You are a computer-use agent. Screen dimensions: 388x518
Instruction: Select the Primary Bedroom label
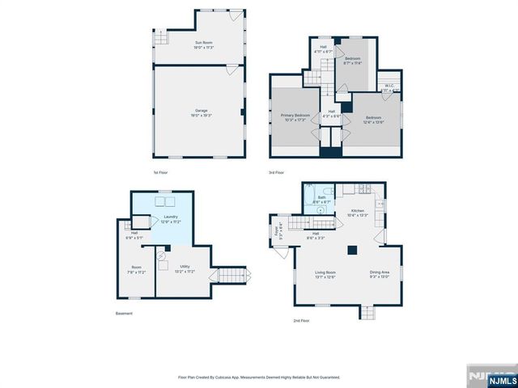pos(295,117)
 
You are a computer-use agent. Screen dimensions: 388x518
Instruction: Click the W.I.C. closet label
pos(389,87)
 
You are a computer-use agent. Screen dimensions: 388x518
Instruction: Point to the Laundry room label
pos(169,218)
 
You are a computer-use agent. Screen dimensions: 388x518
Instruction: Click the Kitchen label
pos(357,213)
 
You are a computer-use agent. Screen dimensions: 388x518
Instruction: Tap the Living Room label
pos(325,274)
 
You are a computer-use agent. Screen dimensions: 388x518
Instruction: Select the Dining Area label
pos(380,274)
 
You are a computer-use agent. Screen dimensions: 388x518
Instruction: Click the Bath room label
pos(321,199)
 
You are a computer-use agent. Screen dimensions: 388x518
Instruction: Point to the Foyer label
pos(281,230)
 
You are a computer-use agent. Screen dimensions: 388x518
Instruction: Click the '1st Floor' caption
pos(160,172)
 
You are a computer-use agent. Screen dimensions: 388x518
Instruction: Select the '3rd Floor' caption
pos(277,172)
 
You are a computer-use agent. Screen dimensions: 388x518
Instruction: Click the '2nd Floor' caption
pos(302,321)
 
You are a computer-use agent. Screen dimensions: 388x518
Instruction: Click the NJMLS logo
pos(488,377)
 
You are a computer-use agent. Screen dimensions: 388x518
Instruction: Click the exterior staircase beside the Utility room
pos(231,276)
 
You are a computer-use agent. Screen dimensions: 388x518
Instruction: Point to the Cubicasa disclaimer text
pos(259,377)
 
